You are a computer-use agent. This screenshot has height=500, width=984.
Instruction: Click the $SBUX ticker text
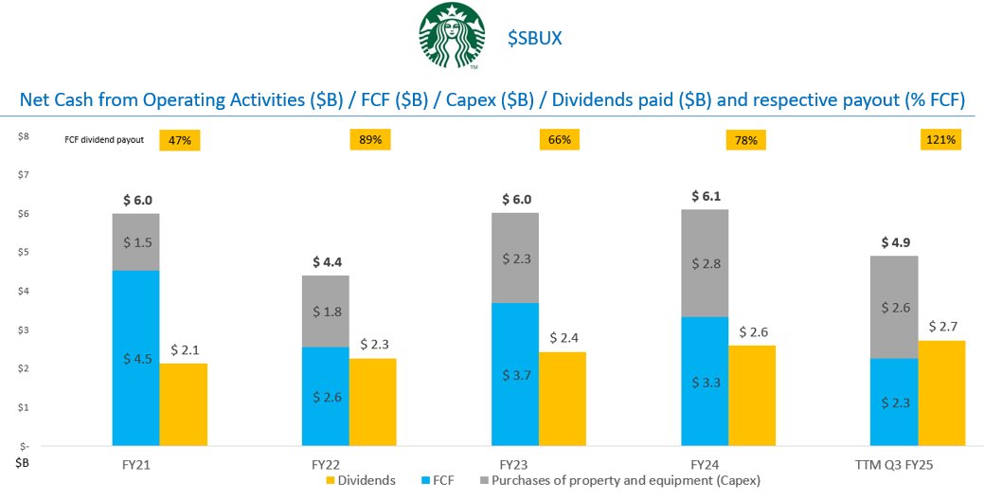click(x=537, y=39)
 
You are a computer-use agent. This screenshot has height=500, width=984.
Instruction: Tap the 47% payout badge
click(x=180, y=140)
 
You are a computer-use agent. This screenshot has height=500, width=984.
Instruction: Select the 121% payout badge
click(x=939, y=140)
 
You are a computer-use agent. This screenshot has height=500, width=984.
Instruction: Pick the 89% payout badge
click(x=370, y=140)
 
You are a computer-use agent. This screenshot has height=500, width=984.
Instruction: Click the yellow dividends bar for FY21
click(x=184, y=404)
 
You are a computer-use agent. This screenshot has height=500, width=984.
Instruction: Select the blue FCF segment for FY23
click(x=515, y=374)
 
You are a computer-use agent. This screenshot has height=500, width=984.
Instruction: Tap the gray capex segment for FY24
click(x=705, y=263)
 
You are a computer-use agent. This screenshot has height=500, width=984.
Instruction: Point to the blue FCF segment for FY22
click(x=326, y=396)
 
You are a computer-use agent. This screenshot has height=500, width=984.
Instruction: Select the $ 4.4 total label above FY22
click(x=326, y=261)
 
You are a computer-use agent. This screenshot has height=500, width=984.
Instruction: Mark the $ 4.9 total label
click(x=894, y=241)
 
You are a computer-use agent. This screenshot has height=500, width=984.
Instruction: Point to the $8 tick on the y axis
click(x=23, y=135)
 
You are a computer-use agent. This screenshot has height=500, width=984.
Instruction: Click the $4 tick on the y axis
click(x=23, y=291)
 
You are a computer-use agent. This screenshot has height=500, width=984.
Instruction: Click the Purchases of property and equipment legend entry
click(x=616, y=481)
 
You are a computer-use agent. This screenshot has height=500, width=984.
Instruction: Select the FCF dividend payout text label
click(x=110, y=140)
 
